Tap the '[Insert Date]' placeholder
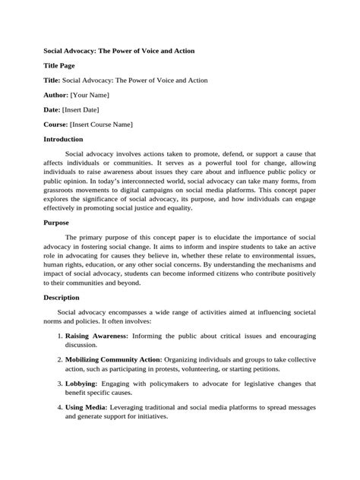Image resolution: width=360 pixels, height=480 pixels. click(85, 109)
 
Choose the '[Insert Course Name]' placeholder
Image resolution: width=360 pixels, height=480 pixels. click(101, 124)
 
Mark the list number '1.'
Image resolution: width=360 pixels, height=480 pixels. click(58, 334)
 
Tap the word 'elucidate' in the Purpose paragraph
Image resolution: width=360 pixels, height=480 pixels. click(217, 238)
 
